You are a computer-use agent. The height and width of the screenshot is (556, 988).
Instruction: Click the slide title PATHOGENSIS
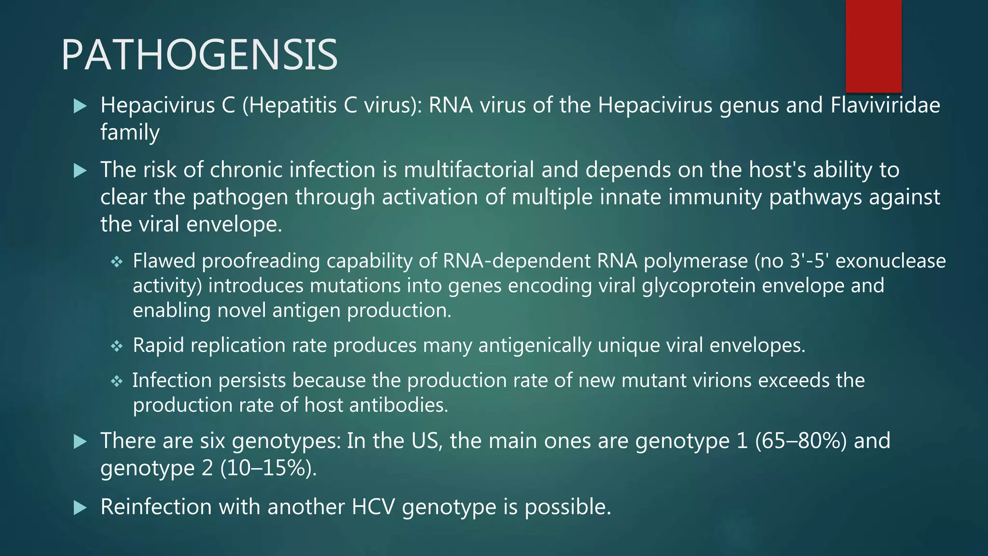199,55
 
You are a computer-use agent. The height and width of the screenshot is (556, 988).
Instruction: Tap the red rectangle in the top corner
873,46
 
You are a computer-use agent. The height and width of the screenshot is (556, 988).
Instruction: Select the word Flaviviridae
885,105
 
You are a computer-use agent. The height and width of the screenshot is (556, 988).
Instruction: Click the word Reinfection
156,507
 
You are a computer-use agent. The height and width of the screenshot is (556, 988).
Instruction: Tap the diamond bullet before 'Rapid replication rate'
117,346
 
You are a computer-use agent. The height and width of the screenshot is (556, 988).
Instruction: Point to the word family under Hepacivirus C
130,132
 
